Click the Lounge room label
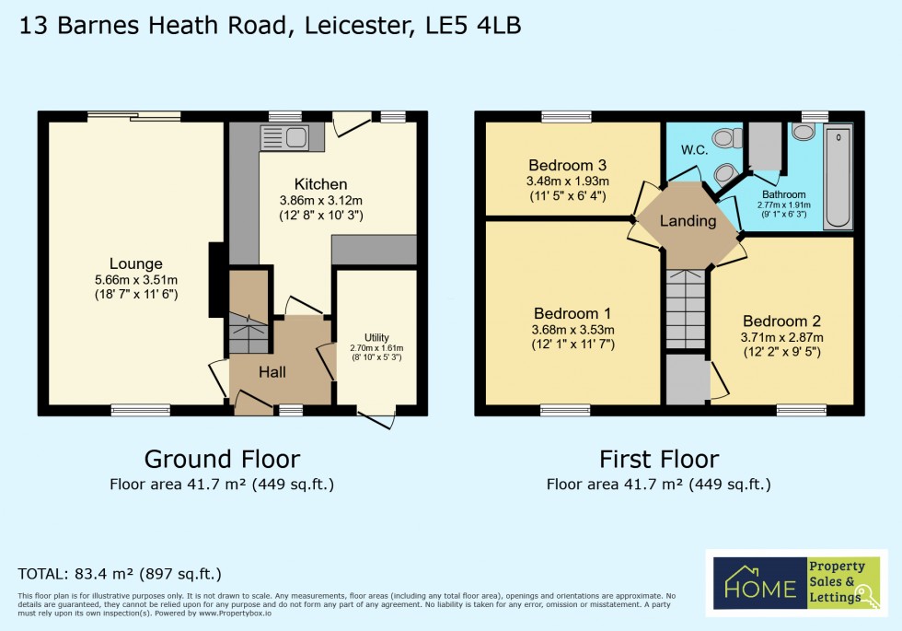[135, 263]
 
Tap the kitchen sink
[287, 139]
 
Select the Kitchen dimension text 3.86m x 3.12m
[321, 200]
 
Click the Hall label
[272, 372]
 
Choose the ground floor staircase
[248, 333]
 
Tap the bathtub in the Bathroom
[838, 179]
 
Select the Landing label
[688, 221]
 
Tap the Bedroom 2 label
[781, 321]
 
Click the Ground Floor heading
[222, 458]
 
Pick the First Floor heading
[659, 458]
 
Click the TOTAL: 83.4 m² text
[120, 573]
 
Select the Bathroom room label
[783, 194]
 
